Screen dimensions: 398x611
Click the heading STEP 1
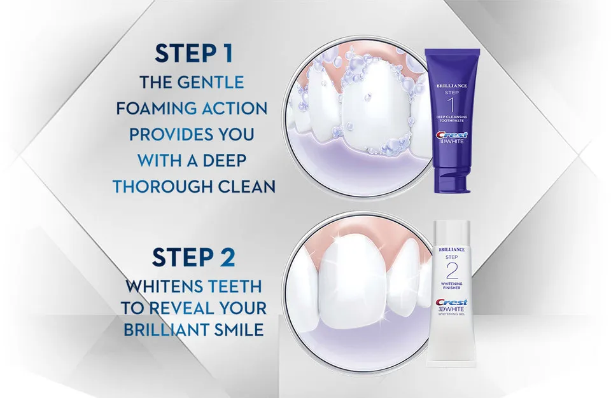pyautogui.click(x=192, y=53)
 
